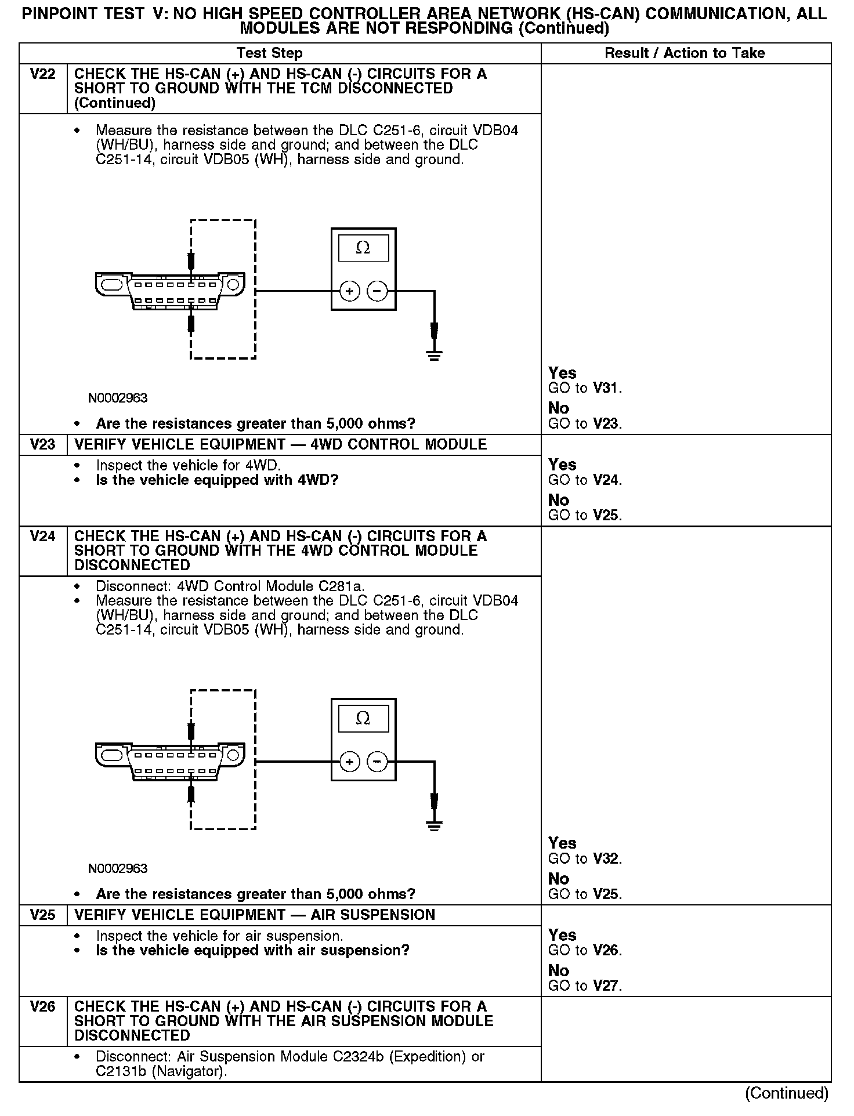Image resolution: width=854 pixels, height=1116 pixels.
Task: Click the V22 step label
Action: pos(42,74)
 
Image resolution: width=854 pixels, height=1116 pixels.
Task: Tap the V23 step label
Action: pos(42,445)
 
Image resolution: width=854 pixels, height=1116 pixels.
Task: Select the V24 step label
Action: pos(42,537)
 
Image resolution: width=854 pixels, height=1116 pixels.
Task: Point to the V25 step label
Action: pos(42,915)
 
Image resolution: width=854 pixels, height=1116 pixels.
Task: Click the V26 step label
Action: pos(42,1007)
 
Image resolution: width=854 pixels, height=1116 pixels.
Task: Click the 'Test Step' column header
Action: pos(269,53)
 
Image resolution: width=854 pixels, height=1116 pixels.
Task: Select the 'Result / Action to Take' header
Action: pos(685,53)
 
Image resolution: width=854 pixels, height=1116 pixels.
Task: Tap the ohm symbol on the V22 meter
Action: pos(363,248)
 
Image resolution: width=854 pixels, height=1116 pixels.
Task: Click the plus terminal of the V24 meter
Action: pos(349,762)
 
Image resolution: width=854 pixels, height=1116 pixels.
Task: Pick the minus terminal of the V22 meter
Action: pos(377,291)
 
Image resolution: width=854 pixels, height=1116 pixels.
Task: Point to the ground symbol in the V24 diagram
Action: pos(434,825)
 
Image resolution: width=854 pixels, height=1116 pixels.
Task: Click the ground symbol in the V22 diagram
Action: pos(434,354)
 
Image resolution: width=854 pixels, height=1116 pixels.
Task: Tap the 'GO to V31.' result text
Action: pos(585,389)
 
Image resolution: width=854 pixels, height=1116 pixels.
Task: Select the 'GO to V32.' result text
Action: pos(585,859)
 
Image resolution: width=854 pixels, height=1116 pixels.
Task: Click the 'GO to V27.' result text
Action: pos(585,986)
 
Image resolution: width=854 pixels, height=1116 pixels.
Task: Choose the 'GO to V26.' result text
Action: pos(585,951)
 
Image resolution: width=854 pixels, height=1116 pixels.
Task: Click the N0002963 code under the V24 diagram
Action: pos(118,869)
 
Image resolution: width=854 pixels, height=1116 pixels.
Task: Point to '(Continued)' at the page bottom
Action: pos(787,1093)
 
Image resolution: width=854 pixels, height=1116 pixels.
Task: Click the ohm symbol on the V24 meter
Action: pos(363,719)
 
